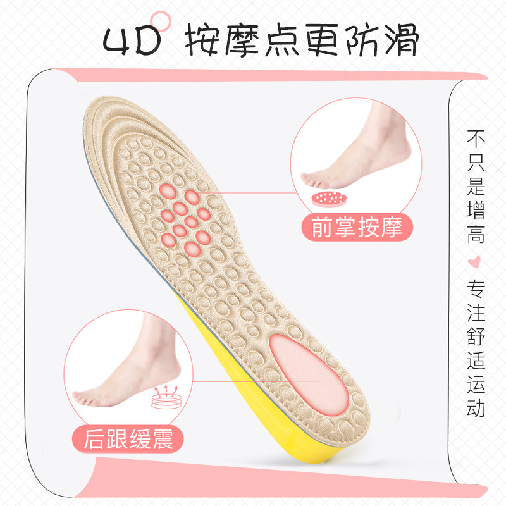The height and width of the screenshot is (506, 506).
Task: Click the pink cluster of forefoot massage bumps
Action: click(x=184, y=214)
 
